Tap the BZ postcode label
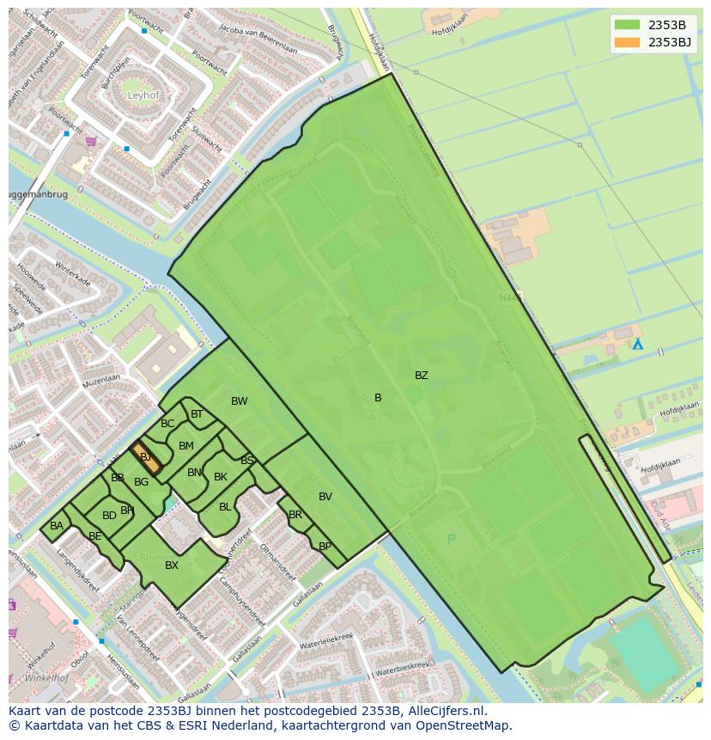[421, 376]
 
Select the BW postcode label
[239, 401]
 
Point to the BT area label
[197, 414]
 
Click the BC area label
[167, 424]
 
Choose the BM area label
[185, 446]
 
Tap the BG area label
[142, 482]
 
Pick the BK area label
[221, 477]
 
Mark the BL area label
[225, 507]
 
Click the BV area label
[325, 497]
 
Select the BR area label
[295, 516]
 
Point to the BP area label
[325, 547]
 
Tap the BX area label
[172, 566]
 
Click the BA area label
[57, 526]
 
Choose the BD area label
[109, 516]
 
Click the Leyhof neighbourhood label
[143, 95]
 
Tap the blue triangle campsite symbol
[637, 344]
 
